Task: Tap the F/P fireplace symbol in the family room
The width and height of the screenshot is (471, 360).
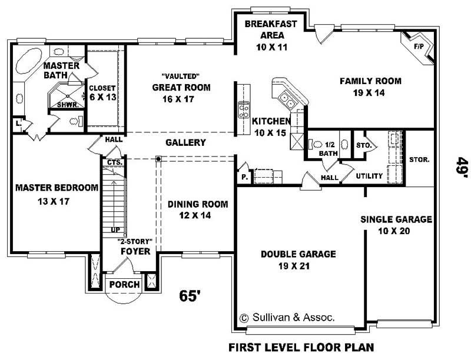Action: pyautogui.click(x=419, y=46)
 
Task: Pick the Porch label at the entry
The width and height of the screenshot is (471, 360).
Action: pyautogui.click(x=125, y=285)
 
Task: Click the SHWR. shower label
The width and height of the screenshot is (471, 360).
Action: pyautogui.click(x=66, y=105)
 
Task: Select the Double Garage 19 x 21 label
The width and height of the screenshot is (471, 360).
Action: pyautogui.click(x=298, y=259)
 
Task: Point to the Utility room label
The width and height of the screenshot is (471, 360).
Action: pyautogui.click(x=369, y=176)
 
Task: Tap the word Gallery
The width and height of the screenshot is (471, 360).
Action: pyautogui.click(x=185, y=142)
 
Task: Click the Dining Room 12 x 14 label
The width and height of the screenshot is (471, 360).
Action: pyautogui.click(x=189, y=210)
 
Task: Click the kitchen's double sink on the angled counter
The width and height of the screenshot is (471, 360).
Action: pyautogui.click(x=288, y=101)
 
